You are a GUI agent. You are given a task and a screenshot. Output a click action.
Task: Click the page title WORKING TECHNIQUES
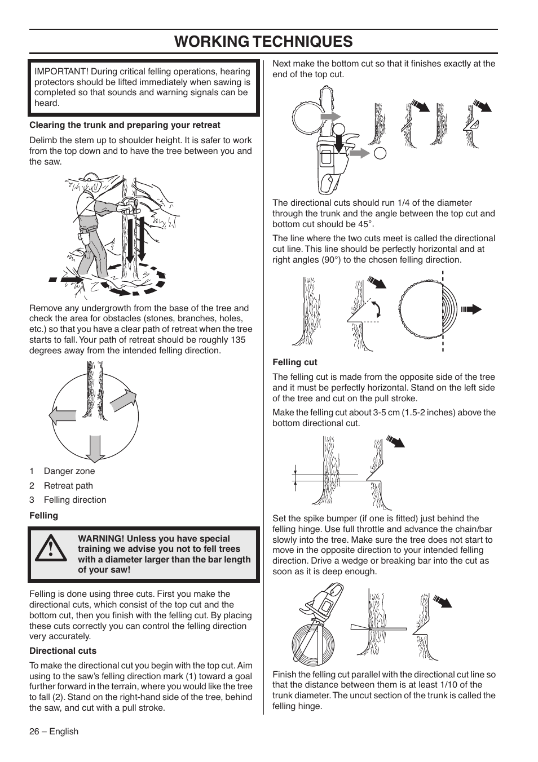point(263,41)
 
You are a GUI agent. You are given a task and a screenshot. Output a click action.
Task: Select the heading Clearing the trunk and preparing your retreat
point(125,125)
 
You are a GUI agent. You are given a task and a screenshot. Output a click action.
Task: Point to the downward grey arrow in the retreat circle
point(95,449)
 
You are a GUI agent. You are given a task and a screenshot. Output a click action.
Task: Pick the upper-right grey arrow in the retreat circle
point(124,401)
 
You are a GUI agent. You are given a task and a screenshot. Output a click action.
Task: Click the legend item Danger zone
point(69,471)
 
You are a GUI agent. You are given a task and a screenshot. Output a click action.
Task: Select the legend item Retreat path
point(68,486)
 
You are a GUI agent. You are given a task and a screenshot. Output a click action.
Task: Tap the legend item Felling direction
point(74,500)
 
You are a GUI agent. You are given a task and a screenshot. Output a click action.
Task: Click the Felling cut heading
point(295,362)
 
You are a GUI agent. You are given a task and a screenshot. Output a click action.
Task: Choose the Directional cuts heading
point(63,651)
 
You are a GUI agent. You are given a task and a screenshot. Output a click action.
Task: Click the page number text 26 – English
point(54,732)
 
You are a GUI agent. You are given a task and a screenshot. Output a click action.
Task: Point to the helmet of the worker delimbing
point(91,182)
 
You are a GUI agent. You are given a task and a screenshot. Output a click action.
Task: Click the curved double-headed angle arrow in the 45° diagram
point(376,309)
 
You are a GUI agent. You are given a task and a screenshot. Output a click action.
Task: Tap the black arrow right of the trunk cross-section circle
point(471,309)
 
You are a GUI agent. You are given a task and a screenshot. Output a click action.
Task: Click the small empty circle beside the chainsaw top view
point(381,152)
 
